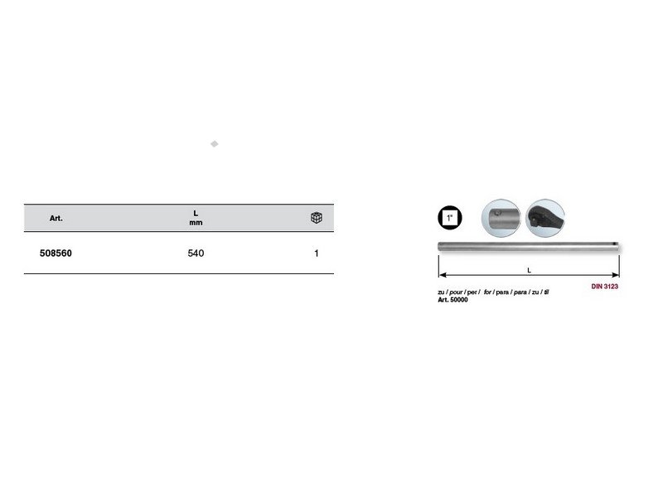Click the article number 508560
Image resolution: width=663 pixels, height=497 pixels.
pyautogui.click(x=56, y=253)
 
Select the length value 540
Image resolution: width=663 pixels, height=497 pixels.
pyautogui.click(x=196, y=253)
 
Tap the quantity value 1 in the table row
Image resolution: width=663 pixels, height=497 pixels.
pyautogui.click(x=317, y=253)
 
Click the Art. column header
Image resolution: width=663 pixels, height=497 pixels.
pyautogui.click(x=56, y=218)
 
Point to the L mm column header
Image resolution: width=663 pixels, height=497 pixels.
pyautogui.click(x=196, y=218)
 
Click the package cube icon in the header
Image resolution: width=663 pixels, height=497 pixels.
pyautogui.click(x=317, y=218)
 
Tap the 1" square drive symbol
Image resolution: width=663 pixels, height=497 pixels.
pyautogui.click(x=449, y=218)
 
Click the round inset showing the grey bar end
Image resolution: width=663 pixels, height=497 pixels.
pyautogui.click(x=501, y=218)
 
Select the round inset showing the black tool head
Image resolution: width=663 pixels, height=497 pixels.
pyautogui.click(x=545, y=218)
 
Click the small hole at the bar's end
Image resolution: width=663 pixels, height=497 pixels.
pyautogui.click(x=614, y=244)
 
